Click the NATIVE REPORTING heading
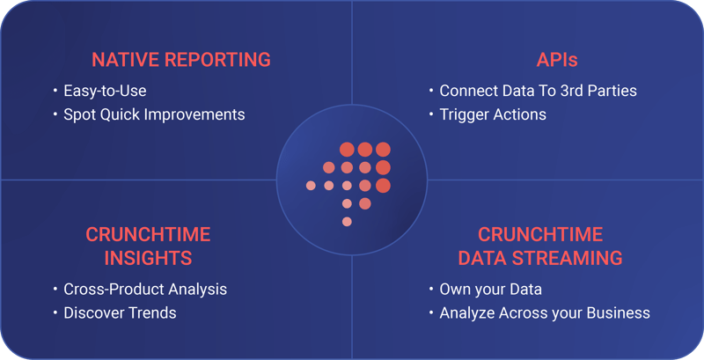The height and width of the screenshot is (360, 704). click(181, 60)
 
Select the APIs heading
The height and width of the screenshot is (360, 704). click(556, 60)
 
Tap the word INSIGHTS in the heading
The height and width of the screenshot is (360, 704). click(148, 258)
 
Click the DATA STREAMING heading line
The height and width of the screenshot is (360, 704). click(540, 258)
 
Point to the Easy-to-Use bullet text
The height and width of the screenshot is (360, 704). click(105, 91)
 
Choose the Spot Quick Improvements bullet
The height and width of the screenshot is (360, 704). click(154, 114)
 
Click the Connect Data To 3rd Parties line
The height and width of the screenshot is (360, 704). click(538, 91)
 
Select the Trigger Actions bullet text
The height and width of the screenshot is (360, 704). click(493, 114)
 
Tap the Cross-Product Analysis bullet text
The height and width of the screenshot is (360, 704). click(145, 289)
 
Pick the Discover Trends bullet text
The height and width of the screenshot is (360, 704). click(120, 312)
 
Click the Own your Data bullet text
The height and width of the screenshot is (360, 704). click(490, 289)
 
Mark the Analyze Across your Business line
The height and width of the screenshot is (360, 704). click(545, 312)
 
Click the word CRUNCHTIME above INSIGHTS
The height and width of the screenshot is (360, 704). click(148, 234)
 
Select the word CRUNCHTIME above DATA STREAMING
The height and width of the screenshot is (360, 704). click(540, 234)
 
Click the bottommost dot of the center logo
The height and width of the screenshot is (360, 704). click(347, 221)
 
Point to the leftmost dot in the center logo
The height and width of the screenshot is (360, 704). click(311, 185)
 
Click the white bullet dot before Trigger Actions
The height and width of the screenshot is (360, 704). click(430, 115)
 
